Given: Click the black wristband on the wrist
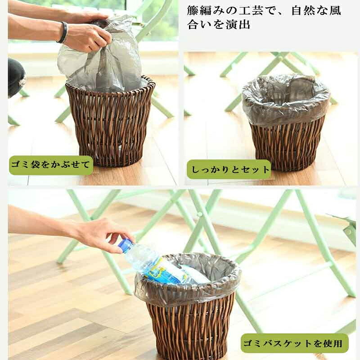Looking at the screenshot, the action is tap(64, 32).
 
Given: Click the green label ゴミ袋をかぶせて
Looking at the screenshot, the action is tap(51, 165).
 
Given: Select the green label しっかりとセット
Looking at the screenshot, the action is tap(229, 169).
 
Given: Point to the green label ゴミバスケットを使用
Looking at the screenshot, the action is tap(295, 343).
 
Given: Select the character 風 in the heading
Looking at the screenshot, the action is tap(335, 10).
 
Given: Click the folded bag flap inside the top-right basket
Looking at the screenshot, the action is tap(301, 88).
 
